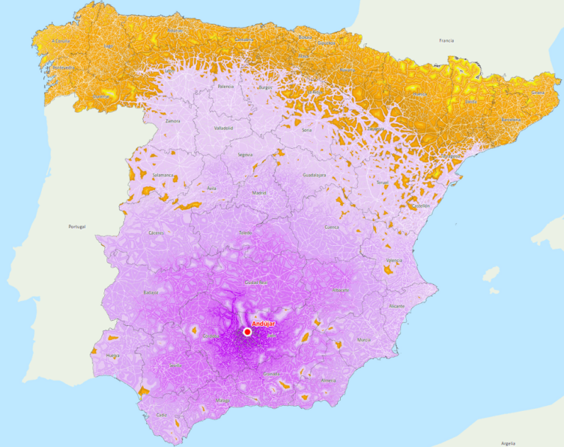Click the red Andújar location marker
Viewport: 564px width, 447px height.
pyautogui.click(x=247, y=332)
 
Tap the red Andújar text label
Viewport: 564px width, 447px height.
pyautogui.click(x=263, y=323)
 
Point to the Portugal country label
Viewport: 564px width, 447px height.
pyautogui.click(x=76, y=227)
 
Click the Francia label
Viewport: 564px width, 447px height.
pyautogui.click(x=446, y=40)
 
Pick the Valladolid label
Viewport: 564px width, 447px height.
pyautogui.click(x=224, y=128)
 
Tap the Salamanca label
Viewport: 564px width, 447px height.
pyautogui.click(x=163, y=175)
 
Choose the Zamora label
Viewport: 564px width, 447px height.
pyautogui.click(x=173, y=120)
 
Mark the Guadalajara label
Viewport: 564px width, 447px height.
pyautogui.click(x=314, y=175)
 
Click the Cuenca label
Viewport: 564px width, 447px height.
pyautogui.click(x=332, y=227)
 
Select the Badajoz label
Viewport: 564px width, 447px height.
pyautogui.click(x=151, y=293)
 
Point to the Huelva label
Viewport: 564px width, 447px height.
pyautogui.click(x=113, y=355)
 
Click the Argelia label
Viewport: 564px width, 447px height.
pyautogui.click(x=507, y=443)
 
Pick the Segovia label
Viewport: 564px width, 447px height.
pyautogui.click(x=245, y=155)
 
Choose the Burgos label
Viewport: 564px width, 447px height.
pyautogui.click(x=265, y=87)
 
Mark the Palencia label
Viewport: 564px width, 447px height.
pyautogui.click(x=226, y=87)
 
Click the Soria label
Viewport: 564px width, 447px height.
pyautogui.click(x=307, y=130)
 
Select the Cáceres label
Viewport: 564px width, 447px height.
pyautogui.click(x=156, y=233)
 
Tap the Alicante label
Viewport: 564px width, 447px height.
pyautogui.click(x=397, y=305)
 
